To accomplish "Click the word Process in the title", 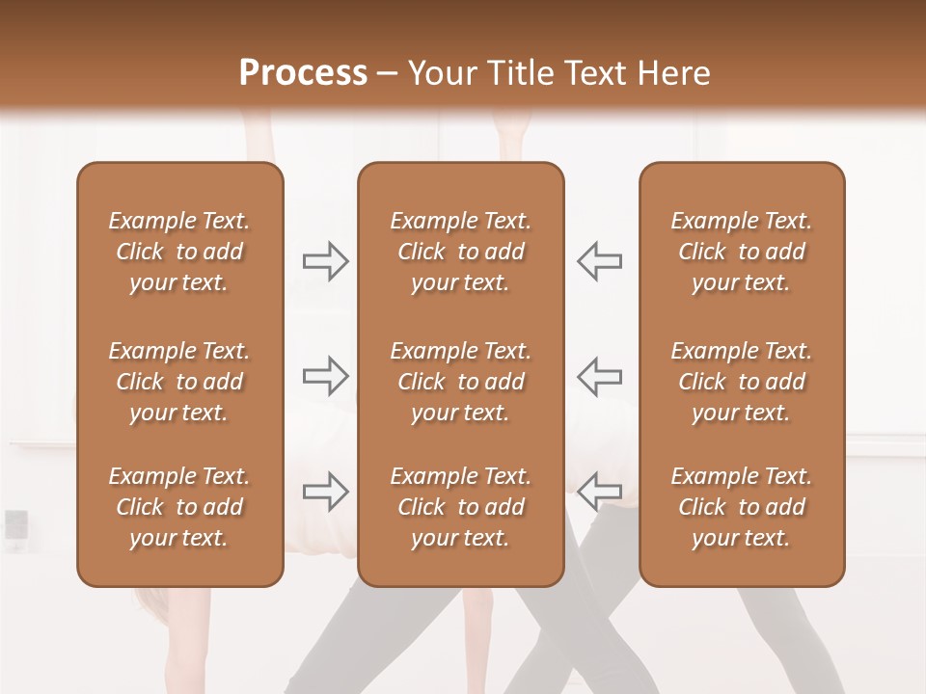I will [x=303, y=73].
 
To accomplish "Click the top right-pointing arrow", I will [x=325, y=261].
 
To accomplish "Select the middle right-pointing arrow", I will [x=325, y=376].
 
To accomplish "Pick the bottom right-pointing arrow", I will [x=325, y=491].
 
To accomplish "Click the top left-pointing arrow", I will [x=600, y=261].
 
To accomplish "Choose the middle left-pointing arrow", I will [x=600, y=376].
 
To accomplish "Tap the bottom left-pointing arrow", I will [x=600, y=491].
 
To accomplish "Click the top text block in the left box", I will [x=179, y=252].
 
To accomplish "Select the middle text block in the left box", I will [x=179, y=382].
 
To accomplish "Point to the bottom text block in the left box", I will [x=179, y=507].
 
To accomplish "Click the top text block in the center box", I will [x=460, y=252].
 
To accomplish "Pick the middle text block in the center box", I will [x=460, y=382].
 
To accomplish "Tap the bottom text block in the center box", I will [x=460, y=507].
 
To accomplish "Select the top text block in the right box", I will [x=741, y=252].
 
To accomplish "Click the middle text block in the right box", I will [x=741, y=382].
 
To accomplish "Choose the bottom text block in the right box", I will [x=741, y=507].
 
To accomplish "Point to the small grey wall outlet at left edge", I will [x=16, y=524].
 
